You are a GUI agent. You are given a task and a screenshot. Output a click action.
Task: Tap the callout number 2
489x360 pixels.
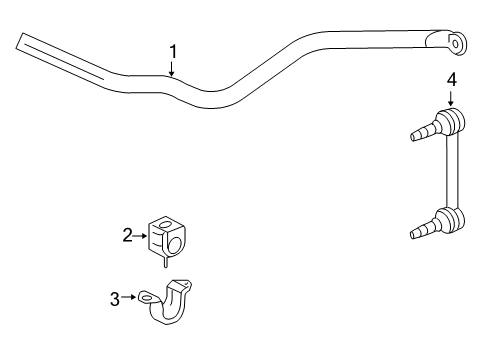click(x=128, y=235)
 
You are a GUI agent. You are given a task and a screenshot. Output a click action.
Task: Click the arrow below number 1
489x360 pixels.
click(x=172, y=69)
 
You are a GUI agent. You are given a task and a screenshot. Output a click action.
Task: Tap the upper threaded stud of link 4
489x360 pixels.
click(x=421, y=131)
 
